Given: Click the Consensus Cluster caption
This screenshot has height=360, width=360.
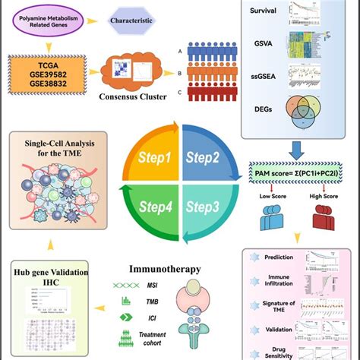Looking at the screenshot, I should (x=133, y=97).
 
